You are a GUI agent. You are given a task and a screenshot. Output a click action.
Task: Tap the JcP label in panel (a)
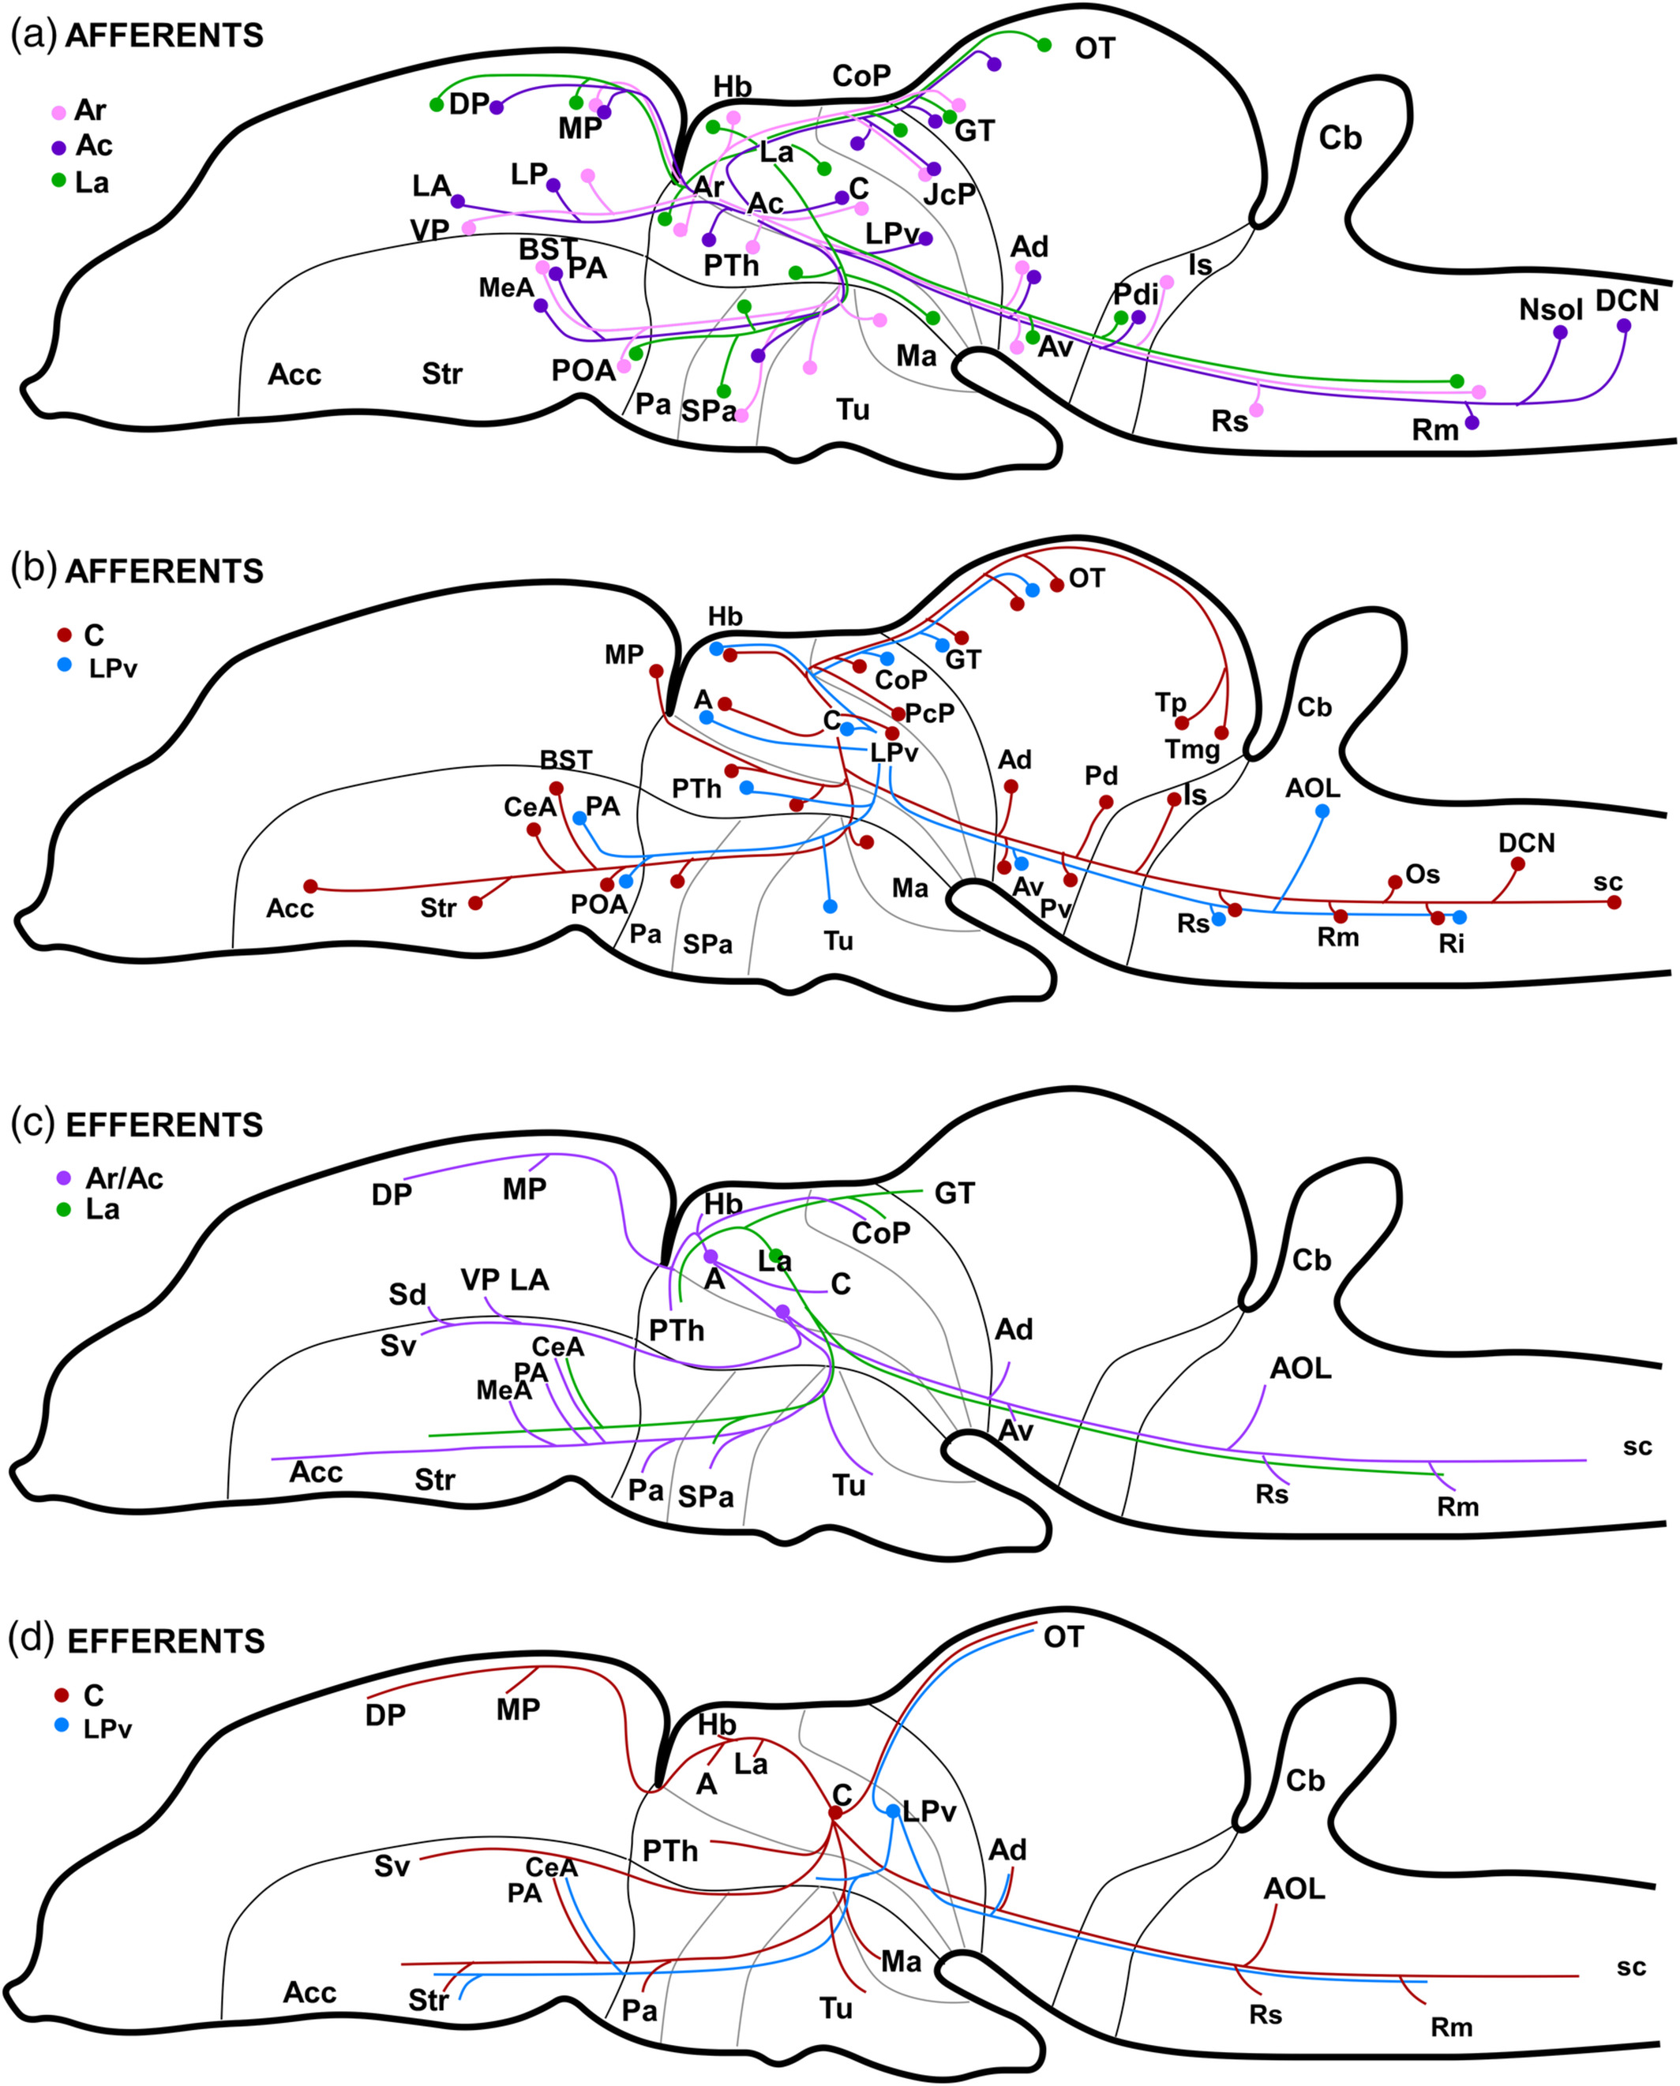point(950,194)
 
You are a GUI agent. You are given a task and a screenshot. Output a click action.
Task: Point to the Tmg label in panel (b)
point(1191,749)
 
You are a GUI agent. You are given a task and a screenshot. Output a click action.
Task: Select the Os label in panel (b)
point(1422,874)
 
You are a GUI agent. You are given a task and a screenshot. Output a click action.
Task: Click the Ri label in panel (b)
point(1450,943)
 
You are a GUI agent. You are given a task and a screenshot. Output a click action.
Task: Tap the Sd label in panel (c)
point(407,1294)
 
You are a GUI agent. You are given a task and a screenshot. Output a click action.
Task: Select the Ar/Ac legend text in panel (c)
point(124,1178)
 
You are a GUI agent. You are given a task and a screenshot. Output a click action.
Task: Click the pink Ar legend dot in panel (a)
point(59,112)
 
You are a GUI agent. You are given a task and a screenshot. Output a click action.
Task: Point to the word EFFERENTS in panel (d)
point(166,1641)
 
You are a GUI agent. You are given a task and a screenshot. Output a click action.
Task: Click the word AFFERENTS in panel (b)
point(164,571)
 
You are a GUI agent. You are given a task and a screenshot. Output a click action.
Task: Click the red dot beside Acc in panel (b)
point(309,886)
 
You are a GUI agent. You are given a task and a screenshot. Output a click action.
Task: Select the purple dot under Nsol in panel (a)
point(1560,331)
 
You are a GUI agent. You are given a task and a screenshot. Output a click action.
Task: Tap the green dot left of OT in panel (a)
point(1044,44)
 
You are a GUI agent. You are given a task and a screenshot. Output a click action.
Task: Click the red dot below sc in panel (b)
point(1613,902)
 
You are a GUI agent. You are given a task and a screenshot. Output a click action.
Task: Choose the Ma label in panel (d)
point(900,1961)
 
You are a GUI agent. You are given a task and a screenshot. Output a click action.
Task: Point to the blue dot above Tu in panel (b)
point(830,907)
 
